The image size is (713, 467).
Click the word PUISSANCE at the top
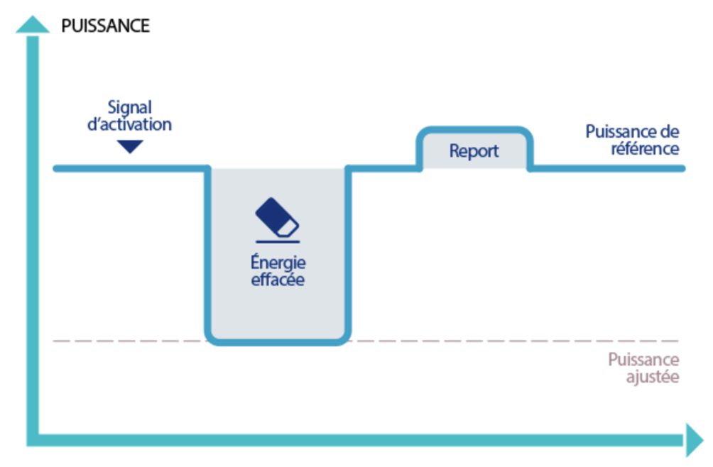[105, 26]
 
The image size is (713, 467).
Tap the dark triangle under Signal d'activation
[131, 147]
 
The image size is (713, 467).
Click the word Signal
[131, 108]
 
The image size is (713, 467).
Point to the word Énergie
[277, 264]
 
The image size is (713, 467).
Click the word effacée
[277, 280]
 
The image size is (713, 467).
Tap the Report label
[474, 150]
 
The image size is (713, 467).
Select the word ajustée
[653, 376]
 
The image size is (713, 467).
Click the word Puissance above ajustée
[643, 360]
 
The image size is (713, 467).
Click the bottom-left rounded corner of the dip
[212, 336]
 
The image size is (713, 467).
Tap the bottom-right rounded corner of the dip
[343, 336]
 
